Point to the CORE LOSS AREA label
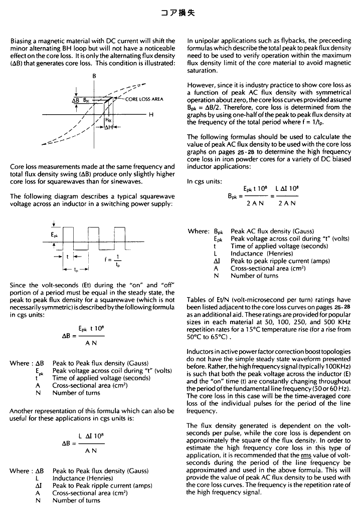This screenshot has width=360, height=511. pyautogui.click(x=144, y=99)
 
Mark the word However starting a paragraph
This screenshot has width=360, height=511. pyautogui.click(x=200, y=86)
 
